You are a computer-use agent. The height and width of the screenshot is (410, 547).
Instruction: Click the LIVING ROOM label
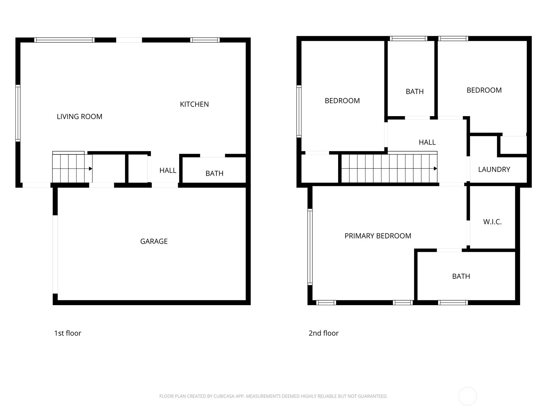pos(79,117)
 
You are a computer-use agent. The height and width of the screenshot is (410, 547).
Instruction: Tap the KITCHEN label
pos(194,104)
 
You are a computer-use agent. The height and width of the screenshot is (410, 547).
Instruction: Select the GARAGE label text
pos(154,241)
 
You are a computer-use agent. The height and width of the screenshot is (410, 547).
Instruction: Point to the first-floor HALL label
pos(168,170)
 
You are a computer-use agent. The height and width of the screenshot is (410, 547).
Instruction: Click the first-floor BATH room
pos(214,173)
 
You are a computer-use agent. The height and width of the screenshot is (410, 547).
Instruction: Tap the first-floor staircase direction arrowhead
pos(91,168)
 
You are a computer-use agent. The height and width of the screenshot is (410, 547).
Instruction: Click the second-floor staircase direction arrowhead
pos(435,168)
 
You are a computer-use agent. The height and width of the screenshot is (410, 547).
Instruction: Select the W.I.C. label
pos(492,222)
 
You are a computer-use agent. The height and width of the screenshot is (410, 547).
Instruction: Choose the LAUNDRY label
pos(494,169)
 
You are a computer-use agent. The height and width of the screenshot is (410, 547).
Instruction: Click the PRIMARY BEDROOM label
pos(378,236)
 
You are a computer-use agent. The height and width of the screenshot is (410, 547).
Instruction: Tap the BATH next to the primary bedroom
pos(461,276)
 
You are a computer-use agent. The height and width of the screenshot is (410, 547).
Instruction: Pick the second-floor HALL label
pos(427,142)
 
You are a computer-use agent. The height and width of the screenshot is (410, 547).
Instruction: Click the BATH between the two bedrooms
pos(414,92)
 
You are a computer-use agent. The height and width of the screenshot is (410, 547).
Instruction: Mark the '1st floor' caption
pos(68,333)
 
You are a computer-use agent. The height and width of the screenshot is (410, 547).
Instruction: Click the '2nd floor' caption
pos(323,333)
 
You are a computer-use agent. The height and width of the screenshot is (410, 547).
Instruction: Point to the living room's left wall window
pos(18,113)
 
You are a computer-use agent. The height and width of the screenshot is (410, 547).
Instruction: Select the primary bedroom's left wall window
pos(310,247)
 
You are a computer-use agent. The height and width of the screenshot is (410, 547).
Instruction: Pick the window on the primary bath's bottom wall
pos(453,302)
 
